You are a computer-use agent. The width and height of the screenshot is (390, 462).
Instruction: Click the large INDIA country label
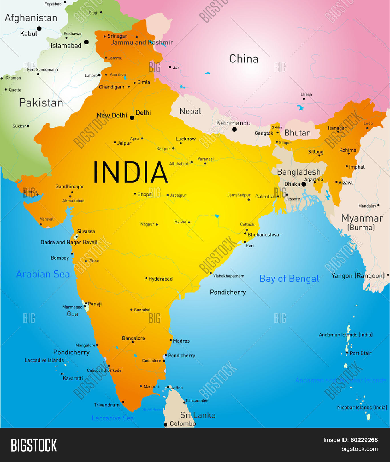(x=130, y=172)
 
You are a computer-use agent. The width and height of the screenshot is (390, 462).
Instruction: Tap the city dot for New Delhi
(x=132, y=117)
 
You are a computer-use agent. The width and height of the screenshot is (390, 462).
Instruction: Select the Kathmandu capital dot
(x=234, y=129)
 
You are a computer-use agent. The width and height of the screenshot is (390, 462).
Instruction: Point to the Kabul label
(x=29, y=34)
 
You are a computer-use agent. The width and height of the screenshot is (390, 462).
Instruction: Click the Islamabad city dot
(x=86, y=42)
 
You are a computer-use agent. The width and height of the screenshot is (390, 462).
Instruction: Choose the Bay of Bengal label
(x=289, y=279)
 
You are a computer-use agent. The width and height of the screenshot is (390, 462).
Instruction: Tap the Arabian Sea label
(x=43, y=274)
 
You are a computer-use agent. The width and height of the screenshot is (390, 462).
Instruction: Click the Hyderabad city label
(x=160, y=279)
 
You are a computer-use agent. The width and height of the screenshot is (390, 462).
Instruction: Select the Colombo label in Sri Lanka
(x=183, y=424)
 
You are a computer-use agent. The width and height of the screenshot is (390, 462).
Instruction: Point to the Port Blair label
(x=361, y=353)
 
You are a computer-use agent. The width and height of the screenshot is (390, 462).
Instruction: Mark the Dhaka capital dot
(x=304, y=184)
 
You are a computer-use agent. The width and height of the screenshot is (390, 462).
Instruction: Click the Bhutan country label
(x=297, y=133)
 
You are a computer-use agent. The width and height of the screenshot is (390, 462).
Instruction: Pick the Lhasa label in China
(x=306, y=94)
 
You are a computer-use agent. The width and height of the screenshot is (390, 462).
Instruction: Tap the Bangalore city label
(x=133, y=338)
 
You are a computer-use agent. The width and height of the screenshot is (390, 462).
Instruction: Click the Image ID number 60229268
(x=364, y=440)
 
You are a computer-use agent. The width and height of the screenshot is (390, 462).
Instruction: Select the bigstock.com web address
(x=359, y=449)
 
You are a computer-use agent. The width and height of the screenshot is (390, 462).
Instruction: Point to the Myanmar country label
(x=362, y=218)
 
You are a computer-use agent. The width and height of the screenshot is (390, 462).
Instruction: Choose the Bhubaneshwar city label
(x=264, y=235)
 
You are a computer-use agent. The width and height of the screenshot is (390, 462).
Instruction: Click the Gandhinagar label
(x=70, y=187)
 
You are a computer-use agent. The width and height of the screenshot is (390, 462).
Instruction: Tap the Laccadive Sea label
(x=112, y=418)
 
